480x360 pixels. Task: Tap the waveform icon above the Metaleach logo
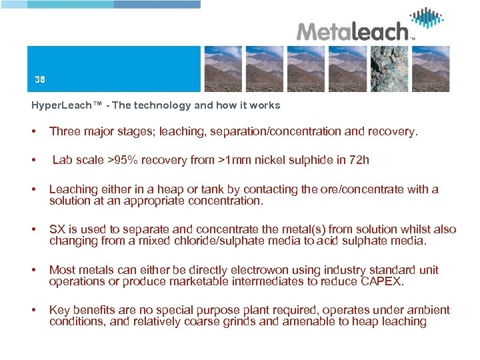(x=427, y=17)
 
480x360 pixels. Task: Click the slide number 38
(x=40, y=79)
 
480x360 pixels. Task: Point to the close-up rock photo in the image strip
(x=389, y=69)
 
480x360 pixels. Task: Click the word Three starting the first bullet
(x=65, y=131)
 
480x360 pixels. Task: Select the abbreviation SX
(x=57, y=229)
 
